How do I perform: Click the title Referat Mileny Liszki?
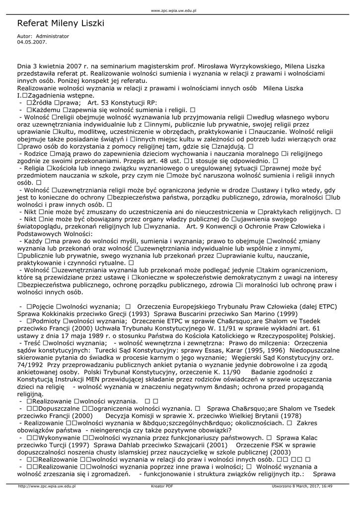pyautogui.click(x=61, y=24)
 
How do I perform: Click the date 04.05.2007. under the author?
pyautogui.click(x=32, y=43)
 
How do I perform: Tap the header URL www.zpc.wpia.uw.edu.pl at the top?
pyautogui.click(x=174, y=10)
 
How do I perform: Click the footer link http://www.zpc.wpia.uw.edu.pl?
pyautogui.click(x=47, y=487)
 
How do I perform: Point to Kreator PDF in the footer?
pyautogui.click(x=162, y=487)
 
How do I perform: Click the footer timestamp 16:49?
pyautogui.click(x=327, y=487)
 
